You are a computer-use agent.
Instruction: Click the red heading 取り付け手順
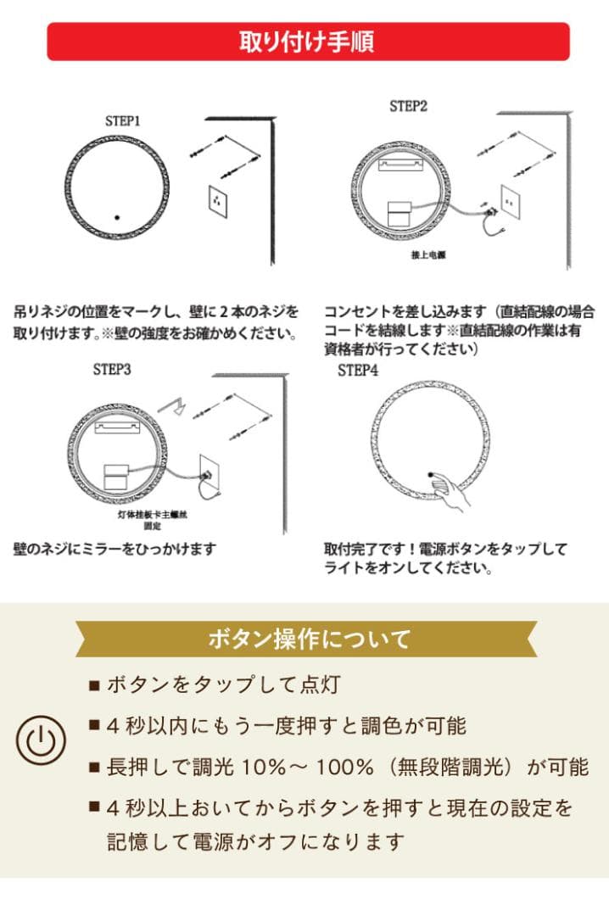(x=308, y=41)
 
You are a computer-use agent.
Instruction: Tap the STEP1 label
(x=122, y=121)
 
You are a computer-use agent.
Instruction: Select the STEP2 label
(x=408, y=107)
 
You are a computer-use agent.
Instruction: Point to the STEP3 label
(x=112, y=370)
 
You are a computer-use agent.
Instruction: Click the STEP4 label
(x=357, y=370)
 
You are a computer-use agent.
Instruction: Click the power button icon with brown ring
(x=41, y=740)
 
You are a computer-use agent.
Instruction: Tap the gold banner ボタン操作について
(x=308, y=639)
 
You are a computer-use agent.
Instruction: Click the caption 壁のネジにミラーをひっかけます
(x=115, y=549)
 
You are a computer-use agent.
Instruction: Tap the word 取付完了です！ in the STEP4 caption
(x=365, y=549)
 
